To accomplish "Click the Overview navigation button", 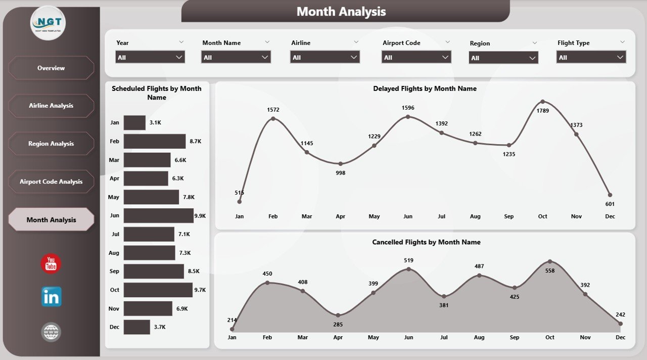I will tap(51, 68).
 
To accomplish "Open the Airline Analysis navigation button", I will tap(51, 106).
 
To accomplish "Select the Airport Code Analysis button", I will tap(51, 182).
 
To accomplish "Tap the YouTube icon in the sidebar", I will tap(51, 264).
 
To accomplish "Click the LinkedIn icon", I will tap(51, 297).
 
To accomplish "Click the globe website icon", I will tap(51, 332).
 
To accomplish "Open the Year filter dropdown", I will tap(150, 57).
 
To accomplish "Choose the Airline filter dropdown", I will tap(325, 57).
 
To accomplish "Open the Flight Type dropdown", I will tap(591, 57).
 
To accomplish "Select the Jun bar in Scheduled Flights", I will tap(158, 215).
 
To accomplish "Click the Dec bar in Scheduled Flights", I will tap(136, 327).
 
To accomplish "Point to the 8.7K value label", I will tap(196, 142).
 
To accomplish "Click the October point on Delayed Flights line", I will tap(542, 102).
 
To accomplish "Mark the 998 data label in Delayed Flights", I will tap(340, 173).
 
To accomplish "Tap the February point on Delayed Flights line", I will tap(273, 119).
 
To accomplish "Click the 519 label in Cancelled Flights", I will tap(408, 260).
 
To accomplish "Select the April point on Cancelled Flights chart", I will tap(338, 315).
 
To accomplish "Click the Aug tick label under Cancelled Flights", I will tap(479, 337).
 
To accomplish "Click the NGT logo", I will tap(48, 23).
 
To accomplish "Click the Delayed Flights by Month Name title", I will tap(425, 88).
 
